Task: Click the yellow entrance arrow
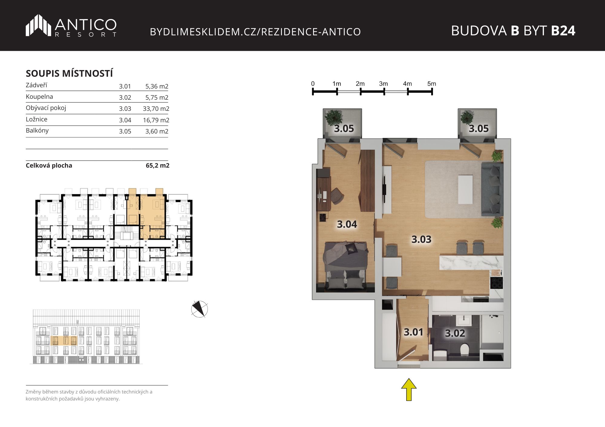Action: [x=409, y=390]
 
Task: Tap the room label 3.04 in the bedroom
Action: [x=347, y=224]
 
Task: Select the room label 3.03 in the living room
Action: [x=421, y=239]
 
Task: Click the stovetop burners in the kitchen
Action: [x=496, y=283]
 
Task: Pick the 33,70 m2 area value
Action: [x=156, y=109]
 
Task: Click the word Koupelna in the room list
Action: [x=39, y=97]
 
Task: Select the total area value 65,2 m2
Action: [x=158, y=165]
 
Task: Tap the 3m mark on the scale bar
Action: [x=384, y=84]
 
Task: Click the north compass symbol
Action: [x=200, y=309]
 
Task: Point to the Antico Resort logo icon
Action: [x=38, y=25]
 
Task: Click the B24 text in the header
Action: [x=563, y=31]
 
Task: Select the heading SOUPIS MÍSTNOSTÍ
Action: [x=69, y=73]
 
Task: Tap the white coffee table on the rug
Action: [x=466, y=189]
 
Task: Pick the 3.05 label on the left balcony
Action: [x=344, y=129]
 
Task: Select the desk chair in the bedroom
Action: [x=337, y=196]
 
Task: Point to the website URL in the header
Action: [x=255, y=32]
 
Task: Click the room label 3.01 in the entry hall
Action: [x=414, y=332]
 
